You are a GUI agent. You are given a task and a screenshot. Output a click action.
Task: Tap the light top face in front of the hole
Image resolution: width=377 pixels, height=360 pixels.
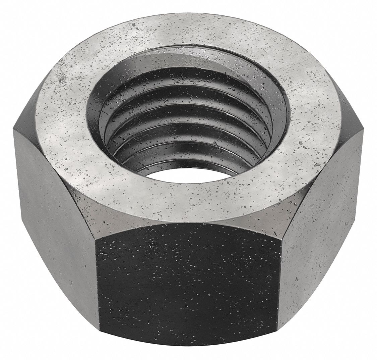188,198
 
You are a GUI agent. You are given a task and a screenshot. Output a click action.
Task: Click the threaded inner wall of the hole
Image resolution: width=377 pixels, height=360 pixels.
188,121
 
